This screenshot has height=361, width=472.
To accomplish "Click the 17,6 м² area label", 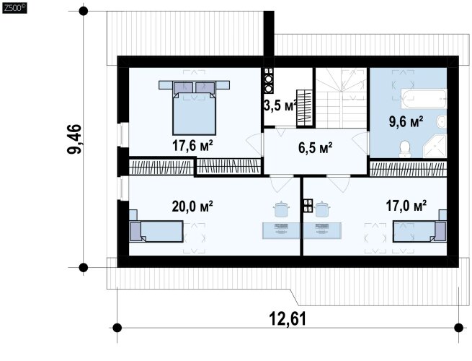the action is coord(192,146).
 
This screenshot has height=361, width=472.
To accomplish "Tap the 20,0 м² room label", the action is coord(192,206).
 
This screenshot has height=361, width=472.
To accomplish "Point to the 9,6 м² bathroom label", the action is coord(406,121).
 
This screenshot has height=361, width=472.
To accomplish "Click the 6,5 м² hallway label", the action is coord(316,148).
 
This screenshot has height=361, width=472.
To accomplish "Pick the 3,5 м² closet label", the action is coord(280,106).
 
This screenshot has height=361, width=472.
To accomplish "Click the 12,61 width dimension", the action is coord(288,319).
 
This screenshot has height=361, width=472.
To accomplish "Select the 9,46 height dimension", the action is coord(74,139).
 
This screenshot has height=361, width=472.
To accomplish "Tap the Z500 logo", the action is coord(14,8).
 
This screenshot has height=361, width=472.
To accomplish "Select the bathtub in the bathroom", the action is coord(424,99).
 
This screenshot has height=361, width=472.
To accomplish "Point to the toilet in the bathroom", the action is coord(405,149).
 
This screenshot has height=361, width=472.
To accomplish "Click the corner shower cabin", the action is coord(435,147).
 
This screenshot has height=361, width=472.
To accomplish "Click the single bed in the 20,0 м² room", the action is coord(156,231).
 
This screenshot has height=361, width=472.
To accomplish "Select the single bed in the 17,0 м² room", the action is coord(419,232).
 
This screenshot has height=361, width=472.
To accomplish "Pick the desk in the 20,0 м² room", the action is coord(281,231).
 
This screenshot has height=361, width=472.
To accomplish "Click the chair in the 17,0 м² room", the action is coord(322,209).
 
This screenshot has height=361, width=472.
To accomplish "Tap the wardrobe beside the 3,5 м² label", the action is coord(304,108).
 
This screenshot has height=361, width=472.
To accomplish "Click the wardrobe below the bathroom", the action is coord(408,169).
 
